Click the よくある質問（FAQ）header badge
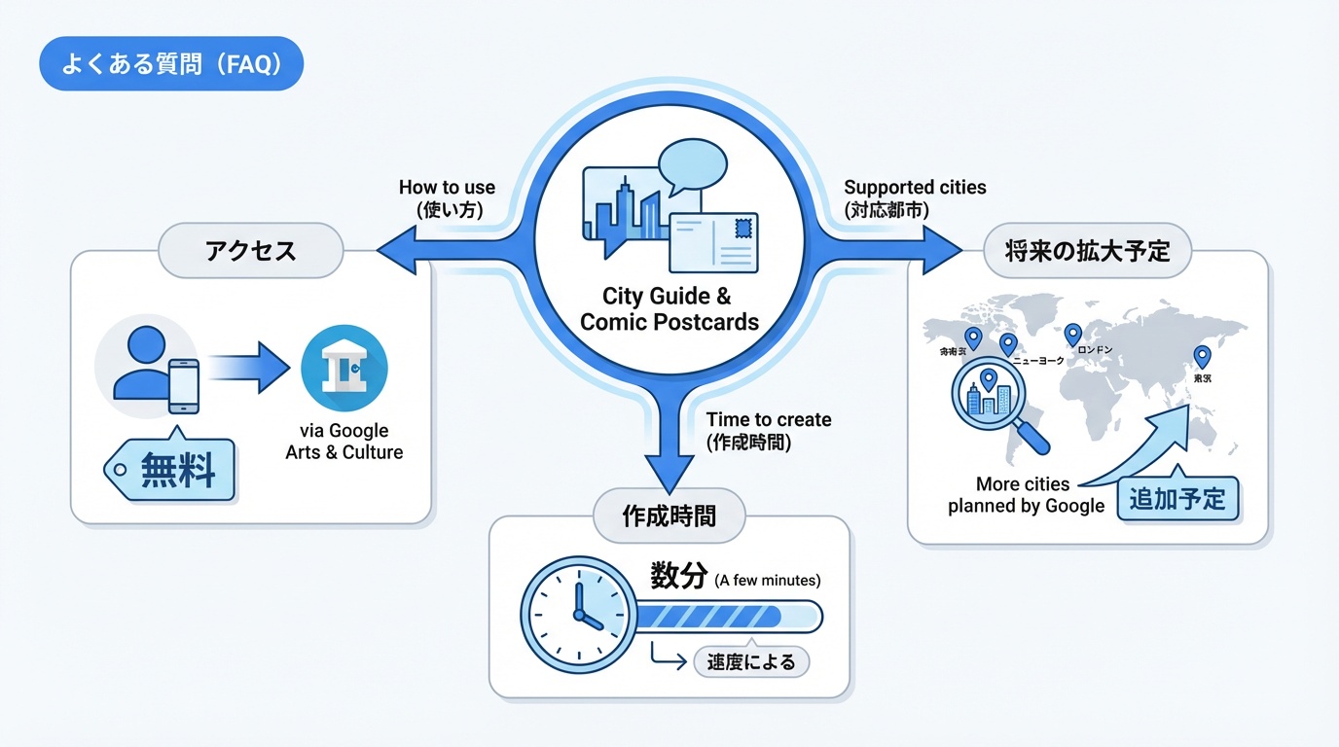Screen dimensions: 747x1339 click(x=171, y=65)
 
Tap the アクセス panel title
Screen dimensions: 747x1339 click(x=251, y=251)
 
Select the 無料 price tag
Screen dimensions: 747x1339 click(x=174, y=471)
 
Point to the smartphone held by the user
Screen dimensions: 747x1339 click(x=183, y=386)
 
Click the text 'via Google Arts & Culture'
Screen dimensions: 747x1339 click(x=344, y=442)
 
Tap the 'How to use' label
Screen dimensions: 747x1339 click(x=447, y=197)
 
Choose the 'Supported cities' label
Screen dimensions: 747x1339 click(x=915, y=196)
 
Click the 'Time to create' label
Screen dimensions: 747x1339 click(x=768, y=430)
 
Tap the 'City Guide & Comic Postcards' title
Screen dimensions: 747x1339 click(x=669, y=309)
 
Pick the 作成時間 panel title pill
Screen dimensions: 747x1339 click(x=669, y=516)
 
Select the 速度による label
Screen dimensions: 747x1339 click(x=751, y=662)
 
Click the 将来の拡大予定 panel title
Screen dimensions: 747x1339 click(x=1086, y=251)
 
